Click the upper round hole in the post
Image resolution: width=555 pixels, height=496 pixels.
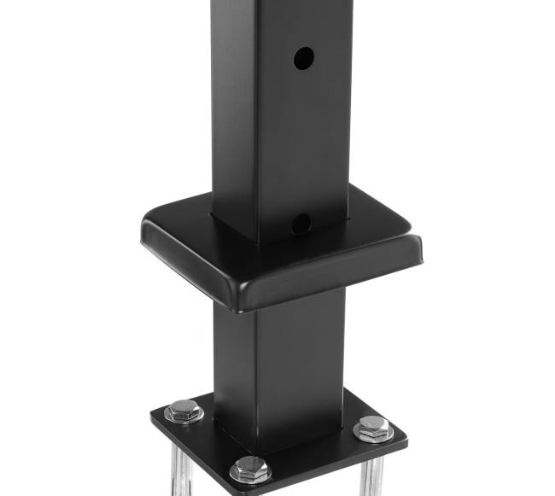pos(304,58)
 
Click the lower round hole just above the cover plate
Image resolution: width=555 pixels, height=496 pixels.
pos(301,224)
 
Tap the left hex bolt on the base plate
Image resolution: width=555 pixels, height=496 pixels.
pos(184,411)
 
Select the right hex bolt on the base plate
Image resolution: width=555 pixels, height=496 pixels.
pos(373,429)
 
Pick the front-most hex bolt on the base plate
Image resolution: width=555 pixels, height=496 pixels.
pos(250,469)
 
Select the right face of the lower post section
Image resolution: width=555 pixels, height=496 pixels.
pos(303,359)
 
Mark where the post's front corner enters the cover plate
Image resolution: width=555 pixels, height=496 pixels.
pos(256,243)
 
